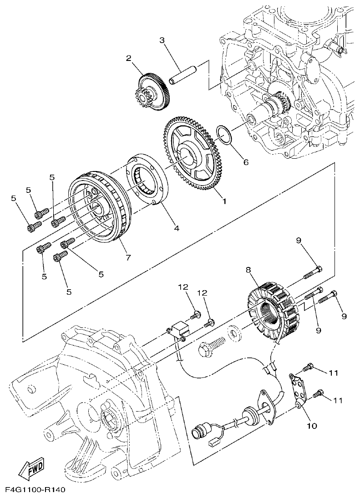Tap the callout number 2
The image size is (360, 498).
(x=129, y=58)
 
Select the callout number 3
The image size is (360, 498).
(x=162, y=40)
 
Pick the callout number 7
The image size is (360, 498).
(x=128, y=257)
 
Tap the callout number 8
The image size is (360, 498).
(x=248, y=269)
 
